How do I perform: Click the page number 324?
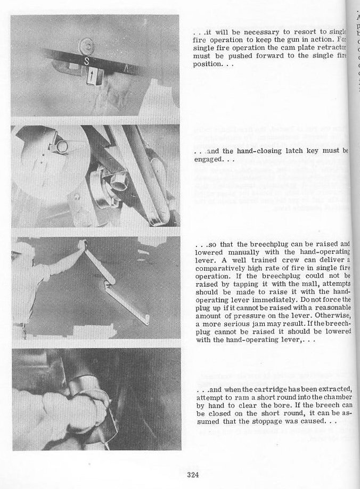coord(193,475)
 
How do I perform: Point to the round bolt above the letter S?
coord(86,45)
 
